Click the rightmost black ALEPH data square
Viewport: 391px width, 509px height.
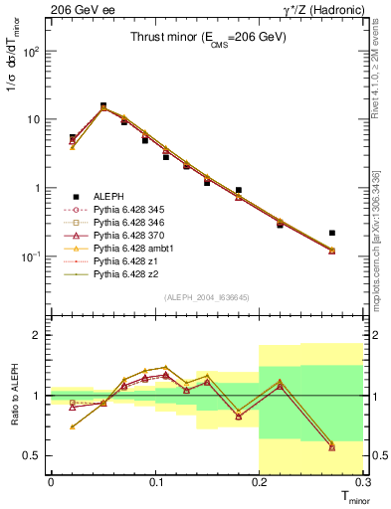pyautogui.click(x=332, y=233)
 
